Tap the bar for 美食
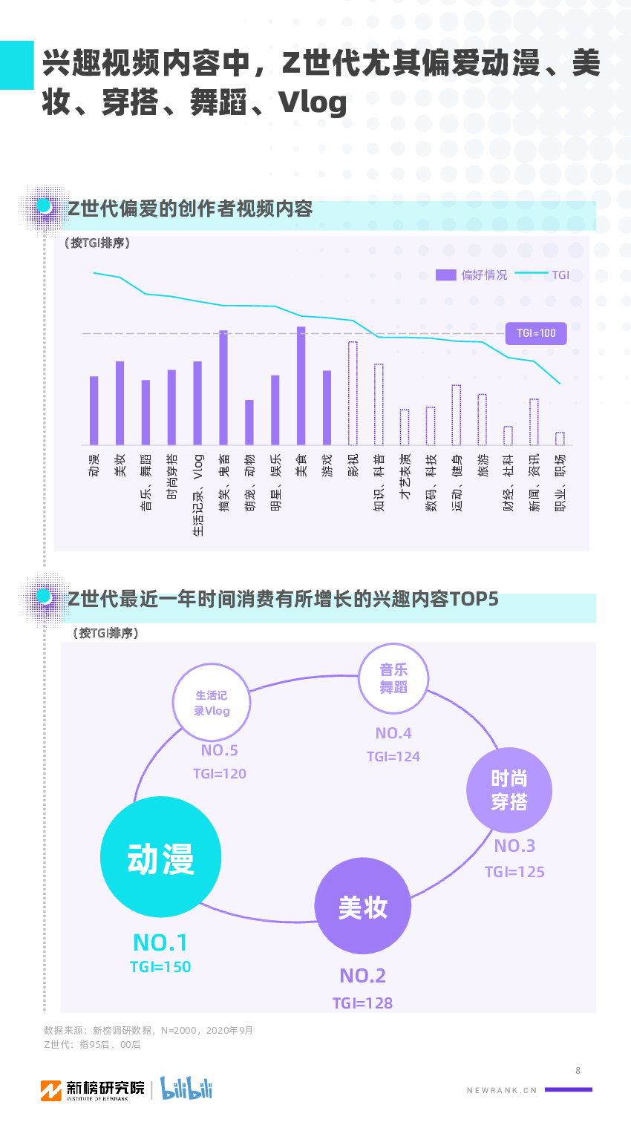(301, 385)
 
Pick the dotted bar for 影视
(353, 393)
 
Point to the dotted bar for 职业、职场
(560, 439)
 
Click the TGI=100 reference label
(536, 333)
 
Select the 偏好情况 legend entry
(472, 275)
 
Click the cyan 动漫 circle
(160, 857)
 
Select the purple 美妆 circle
(363, 906)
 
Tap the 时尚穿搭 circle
(509, 790)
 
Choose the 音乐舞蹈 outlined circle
(393, 678)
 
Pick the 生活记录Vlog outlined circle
(212, 703)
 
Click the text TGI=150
(160, 967)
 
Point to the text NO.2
(363, 976)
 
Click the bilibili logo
(186, 1089)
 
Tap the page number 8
(578, 1071)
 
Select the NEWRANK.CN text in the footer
(502, 1090)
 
